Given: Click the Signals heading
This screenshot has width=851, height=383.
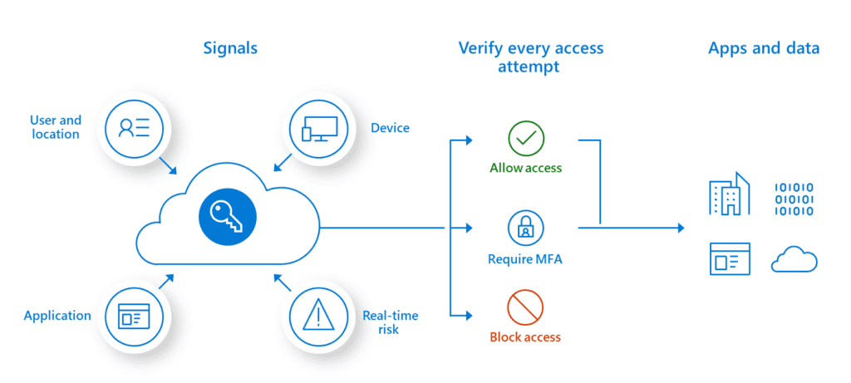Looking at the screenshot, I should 230,47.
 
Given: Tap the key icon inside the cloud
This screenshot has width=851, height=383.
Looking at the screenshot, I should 228,218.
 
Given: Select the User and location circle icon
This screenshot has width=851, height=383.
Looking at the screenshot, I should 134,127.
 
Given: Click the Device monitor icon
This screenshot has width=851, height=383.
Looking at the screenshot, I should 319,127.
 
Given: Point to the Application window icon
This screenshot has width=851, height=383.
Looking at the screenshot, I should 134,316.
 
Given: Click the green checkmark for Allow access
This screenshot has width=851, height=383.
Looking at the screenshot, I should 525,140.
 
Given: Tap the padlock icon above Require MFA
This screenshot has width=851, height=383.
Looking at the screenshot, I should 525,227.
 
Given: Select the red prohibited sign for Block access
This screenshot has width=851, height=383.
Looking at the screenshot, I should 525,307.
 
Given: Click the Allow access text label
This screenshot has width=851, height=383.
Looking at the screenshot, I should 525,168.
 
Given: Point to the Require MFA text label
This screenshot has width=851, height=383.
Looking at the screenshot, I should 525,260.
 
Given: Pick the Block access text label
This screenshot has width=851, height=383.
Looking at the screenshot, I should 525,337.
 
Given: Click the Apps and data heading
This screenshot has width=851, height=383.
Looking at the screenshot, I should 764,47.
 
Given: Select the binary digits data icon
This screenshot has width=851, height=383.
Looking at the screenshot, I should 794,199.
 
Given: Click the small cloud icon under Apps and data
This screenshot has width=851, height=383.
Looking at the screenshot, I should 794,260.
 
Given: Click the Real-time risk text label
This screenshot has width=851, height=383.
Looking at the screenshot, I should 390,322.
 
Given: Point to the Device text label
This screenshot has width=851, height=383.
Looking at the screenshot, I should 390,128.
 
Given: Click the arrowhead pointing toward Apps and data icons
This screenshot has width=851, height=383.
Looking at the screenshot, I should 681,228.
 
